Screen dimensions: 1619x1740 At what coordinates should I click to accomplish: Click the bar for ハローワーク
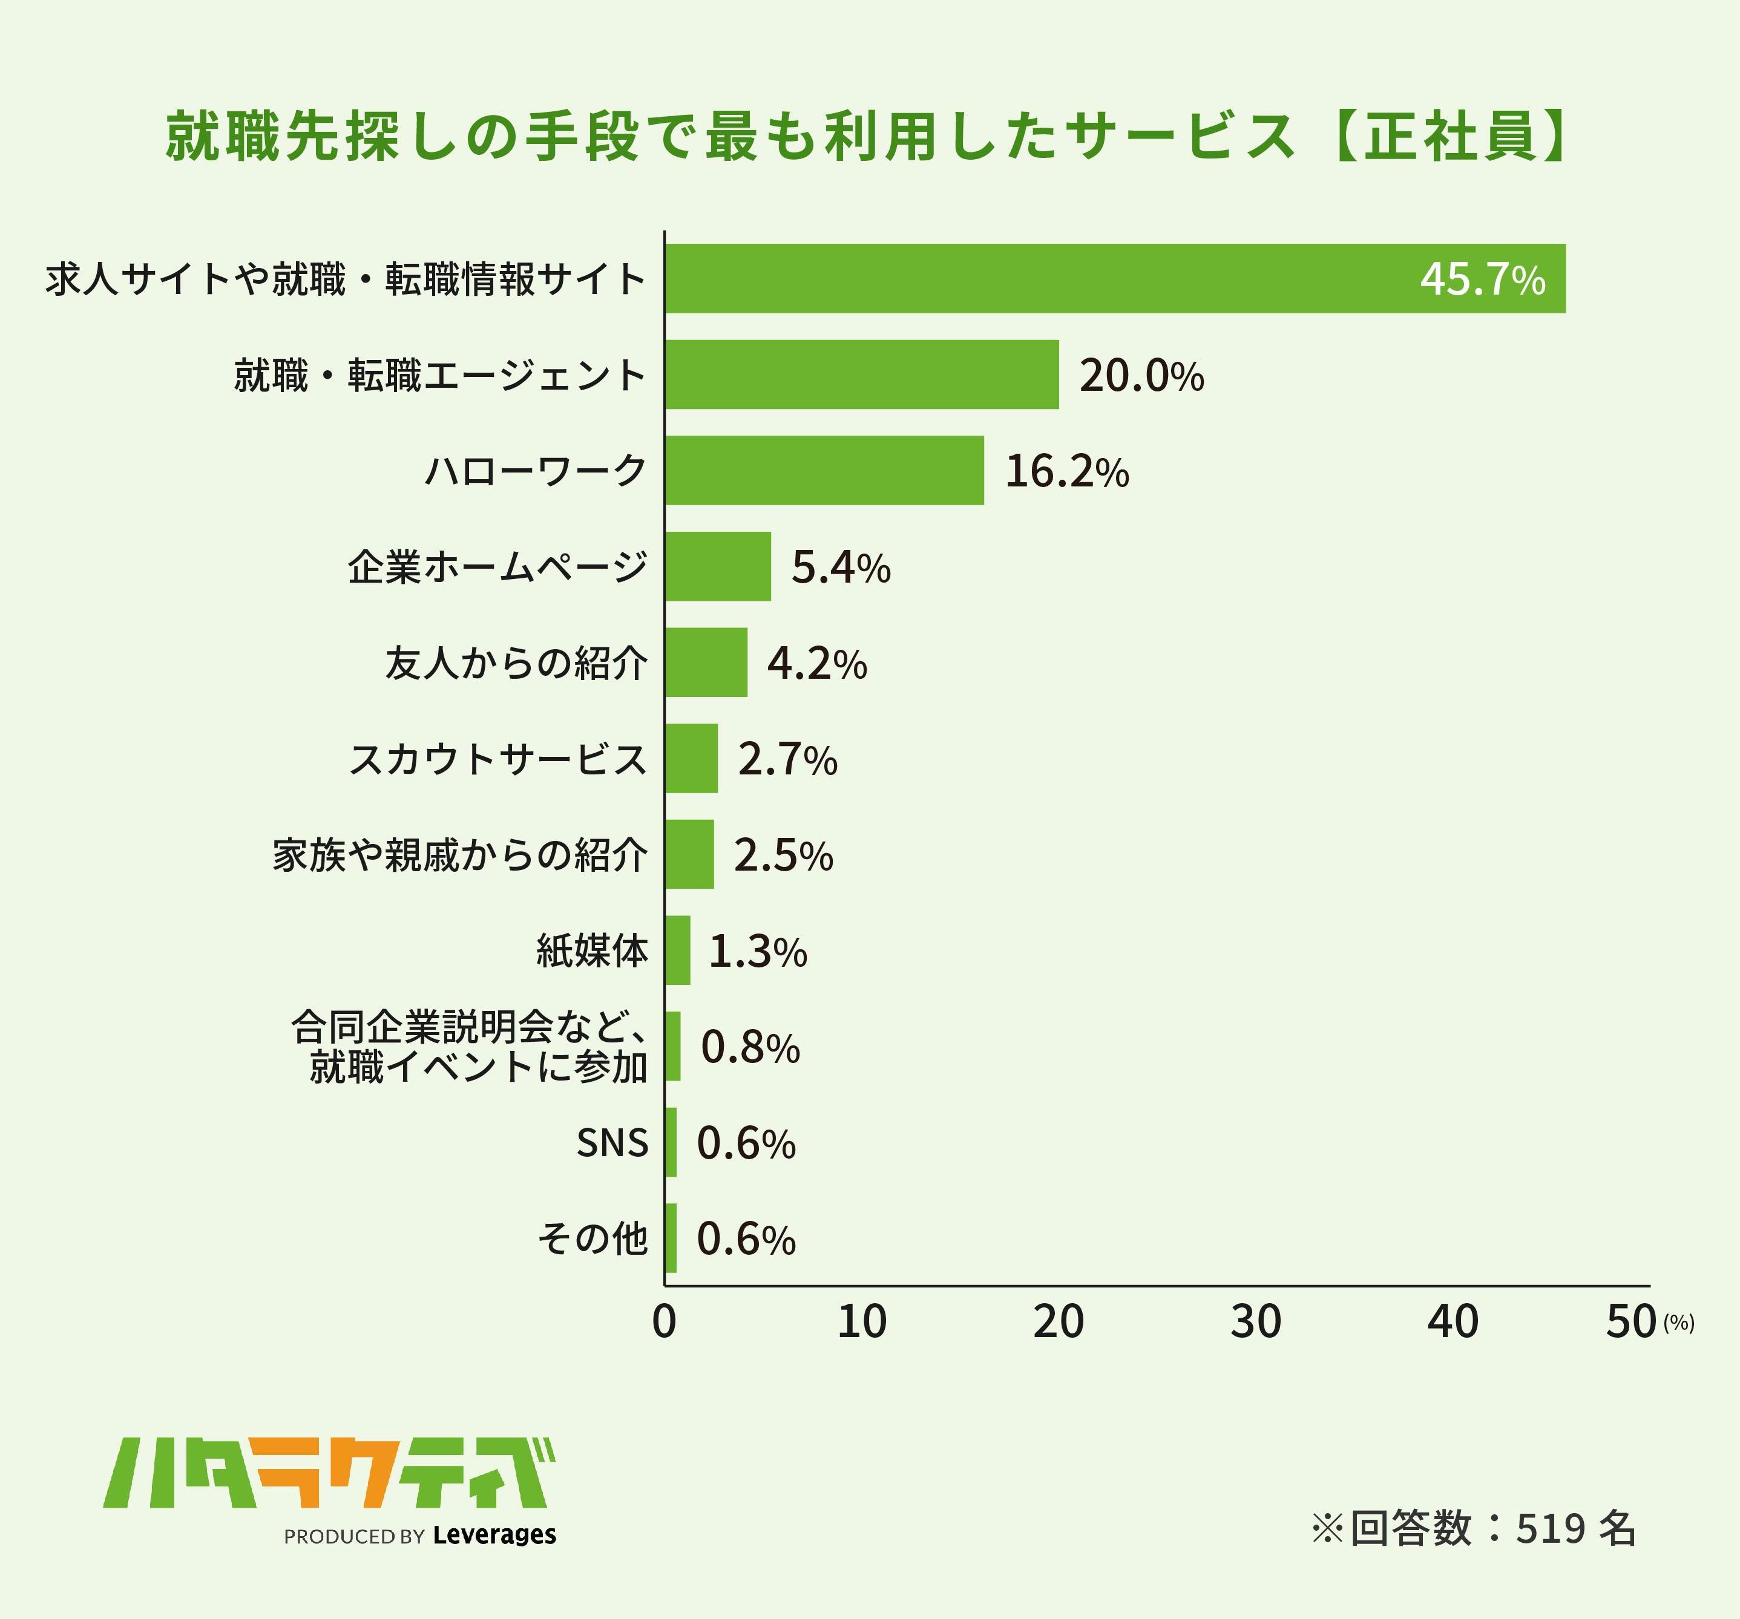pos(824,470)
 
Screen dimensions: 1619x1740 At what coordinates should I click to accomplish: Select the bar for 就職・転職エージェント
pos(861,374)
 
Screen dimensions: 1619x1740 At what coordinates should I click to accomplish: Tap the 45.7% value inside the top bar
pos(1482,279)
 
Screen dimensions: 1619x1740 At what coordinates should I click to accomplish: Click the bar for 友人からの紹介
pos(706,662)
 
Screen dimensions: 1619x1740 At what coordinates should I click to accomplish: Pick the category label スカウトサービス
pos(498,759)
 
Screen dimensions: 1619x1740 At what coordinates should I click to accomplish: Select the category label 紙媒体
pos(592,950)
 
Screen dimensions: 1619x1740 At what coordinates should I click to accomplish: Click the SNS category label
pos(612,1143)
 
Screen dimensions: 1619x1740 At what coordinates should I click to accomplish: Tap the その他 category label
pos(592,1238)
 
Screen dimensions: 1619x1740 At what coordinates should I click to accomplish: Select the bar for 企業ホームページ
pos(718,566)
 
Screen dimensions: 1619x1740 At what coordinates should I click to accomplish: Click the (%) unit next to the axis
pos(1679,1323)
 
